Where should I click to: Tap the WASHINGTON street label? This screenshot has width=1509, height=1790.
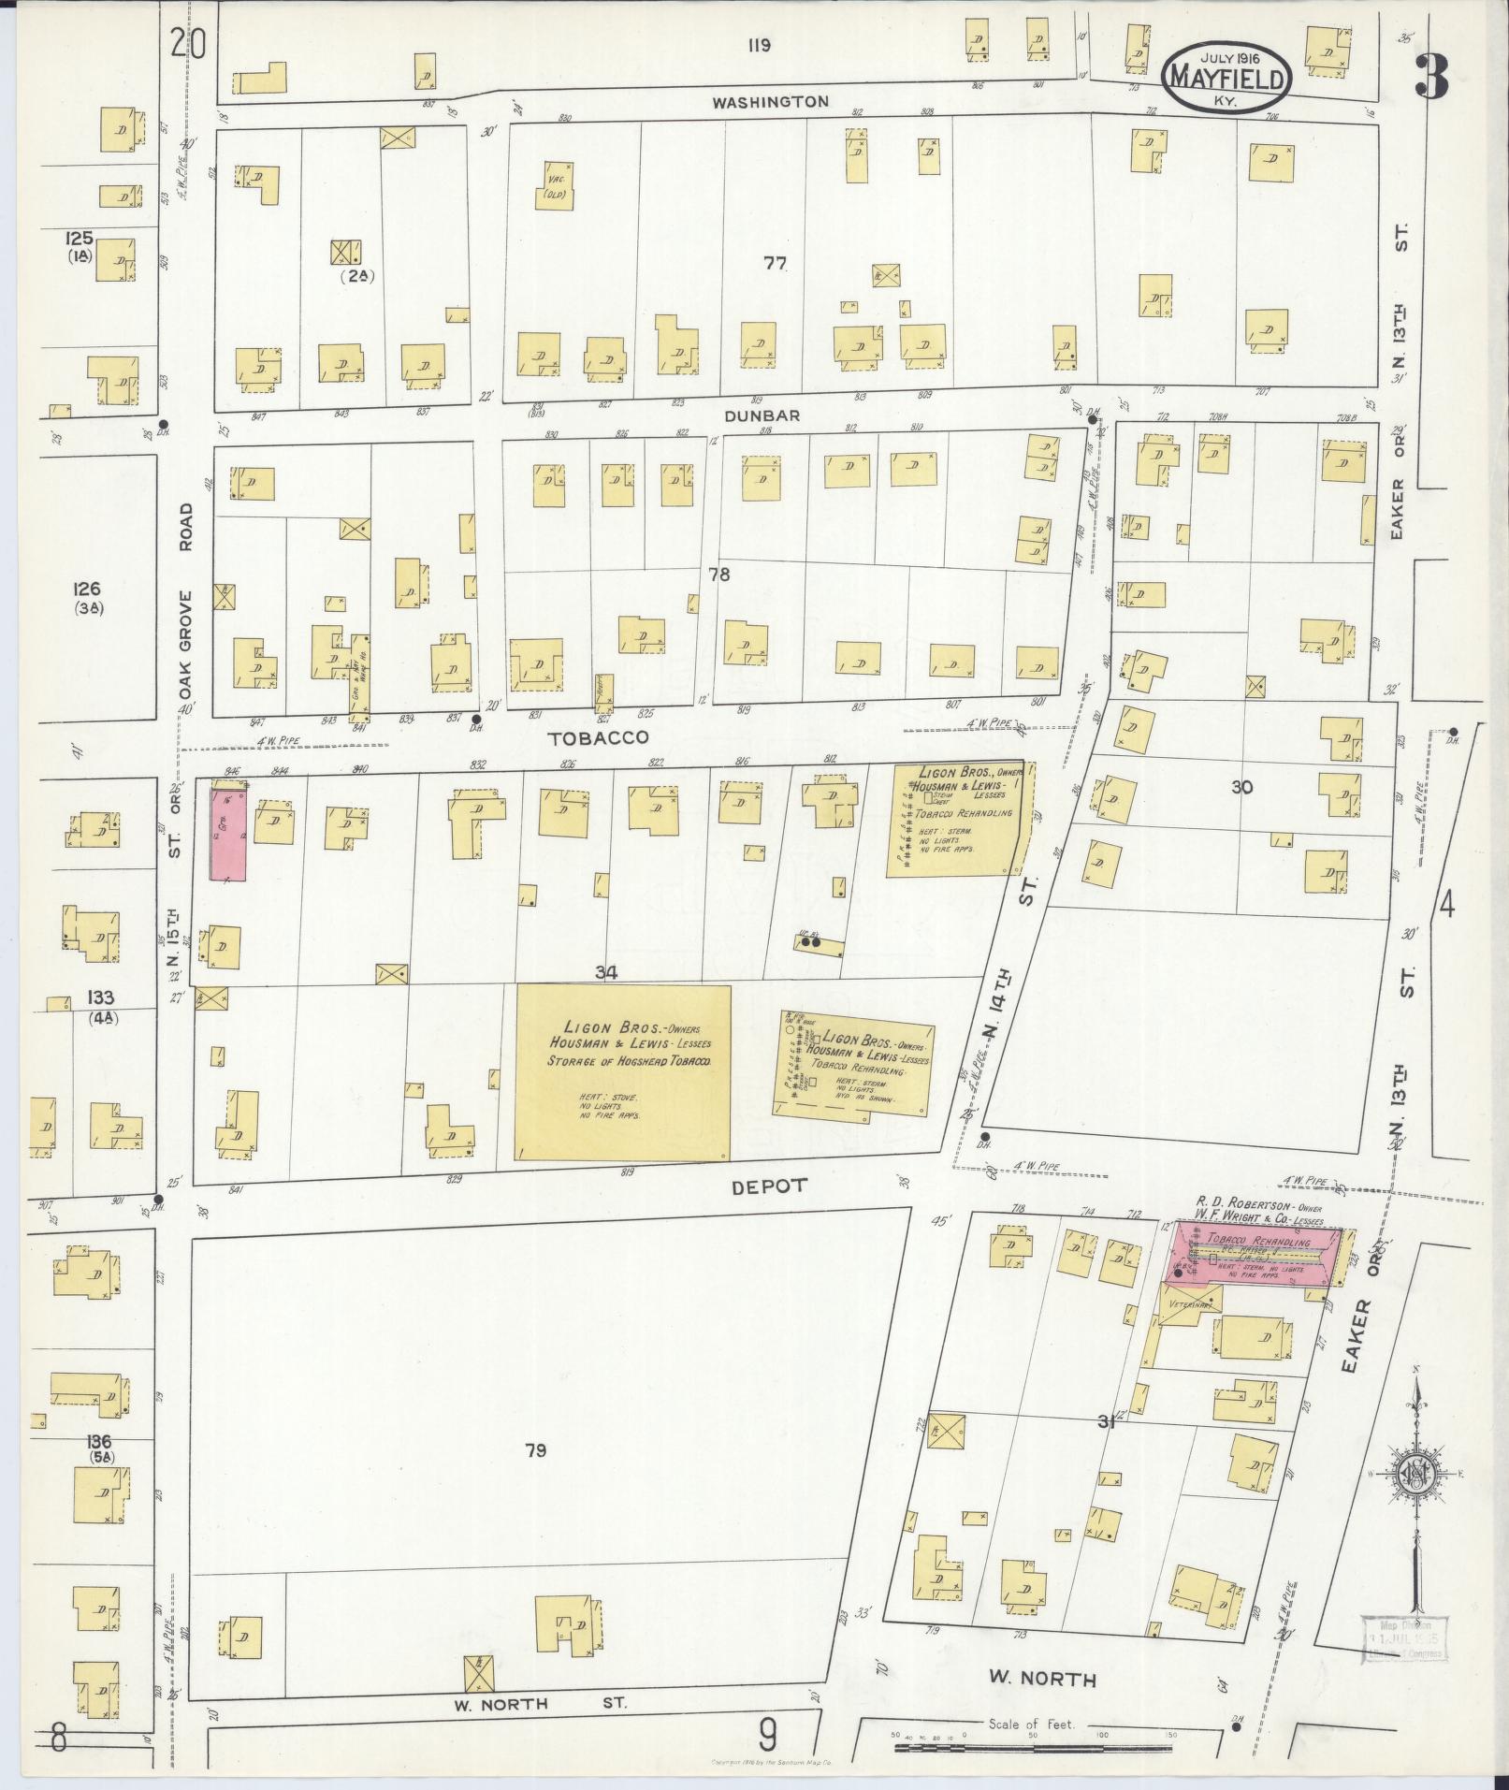[770, 102]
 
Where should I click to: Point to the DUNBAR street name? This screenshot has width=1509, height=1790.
[767, 415]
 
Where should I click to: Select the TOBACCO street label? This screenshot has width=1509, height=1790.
[598, 737]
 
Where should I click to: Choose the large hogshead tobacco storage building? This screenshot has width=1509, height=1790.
[623, 1072]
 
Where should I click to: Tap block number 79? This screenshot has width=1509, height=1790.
[535, 1450]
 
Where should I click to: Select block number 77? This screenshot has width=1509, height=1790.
[774, 263]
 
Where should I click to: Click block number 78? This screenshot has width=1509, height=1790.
[718, 575]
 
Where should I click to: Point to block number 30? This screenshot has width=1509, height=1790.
[1241, 787]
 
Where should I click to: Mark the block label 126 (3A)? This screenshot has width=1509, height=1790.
[91, 597]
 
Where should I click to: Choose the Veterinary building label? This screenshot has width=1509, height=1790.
[1188, 1303]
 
